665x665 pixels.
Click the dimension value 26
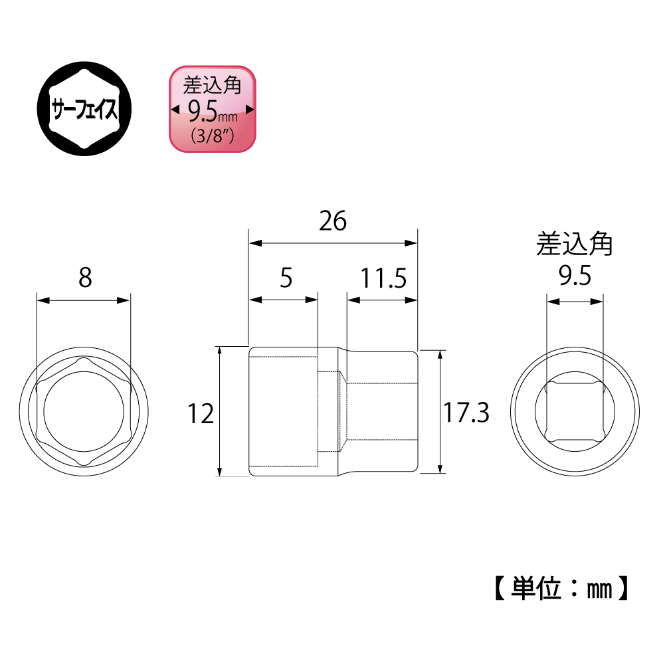tap(332, 221)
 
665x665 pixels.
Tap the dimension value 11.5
tap(383, 278)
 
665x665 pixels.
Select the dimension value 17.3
tap(466, 413)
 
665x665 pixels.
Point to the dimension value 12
tap(200, 415)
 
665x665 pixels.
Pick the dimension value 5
tap(286, 278)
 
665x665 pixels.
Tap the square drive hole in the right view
tap(575, 412)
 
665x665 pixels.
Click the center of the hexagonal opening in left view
tap(83, 412)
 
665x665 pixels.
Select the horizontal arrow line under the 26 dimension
tap(332, 244)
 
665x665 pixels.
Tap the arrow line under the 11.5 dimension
tap(383, 300)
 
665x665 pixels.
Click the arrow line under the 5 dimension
tap(284, 300)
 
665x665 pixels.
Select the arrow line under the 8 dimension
tap(83, 301)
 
